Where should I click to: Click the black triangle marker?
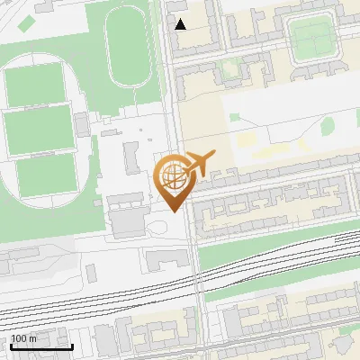coord(181,24)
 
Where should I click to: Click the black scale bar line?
coord(41,346)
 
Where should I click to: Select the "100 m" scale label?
coord(24,338)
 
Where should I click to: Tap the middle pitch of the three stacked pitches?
coord(39,127)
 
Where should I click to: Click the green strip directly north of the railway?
coord(261,256)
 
